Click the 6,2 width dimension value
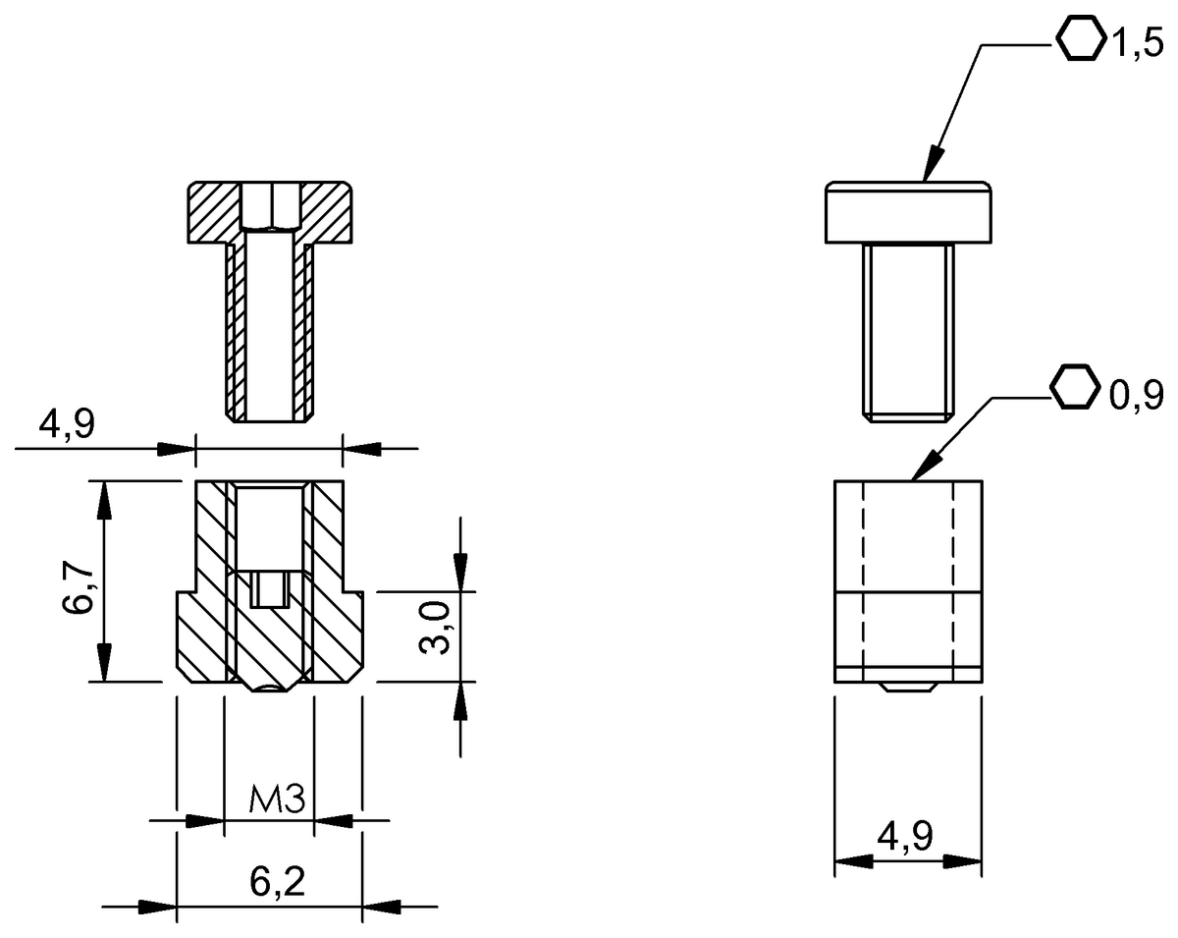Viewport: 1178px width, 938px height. click(277, 882)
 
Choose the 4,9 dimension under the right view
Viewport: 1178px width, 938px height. click(905, 838)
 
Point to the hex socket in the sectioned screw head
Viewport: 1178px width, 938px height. click(270, 204)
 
